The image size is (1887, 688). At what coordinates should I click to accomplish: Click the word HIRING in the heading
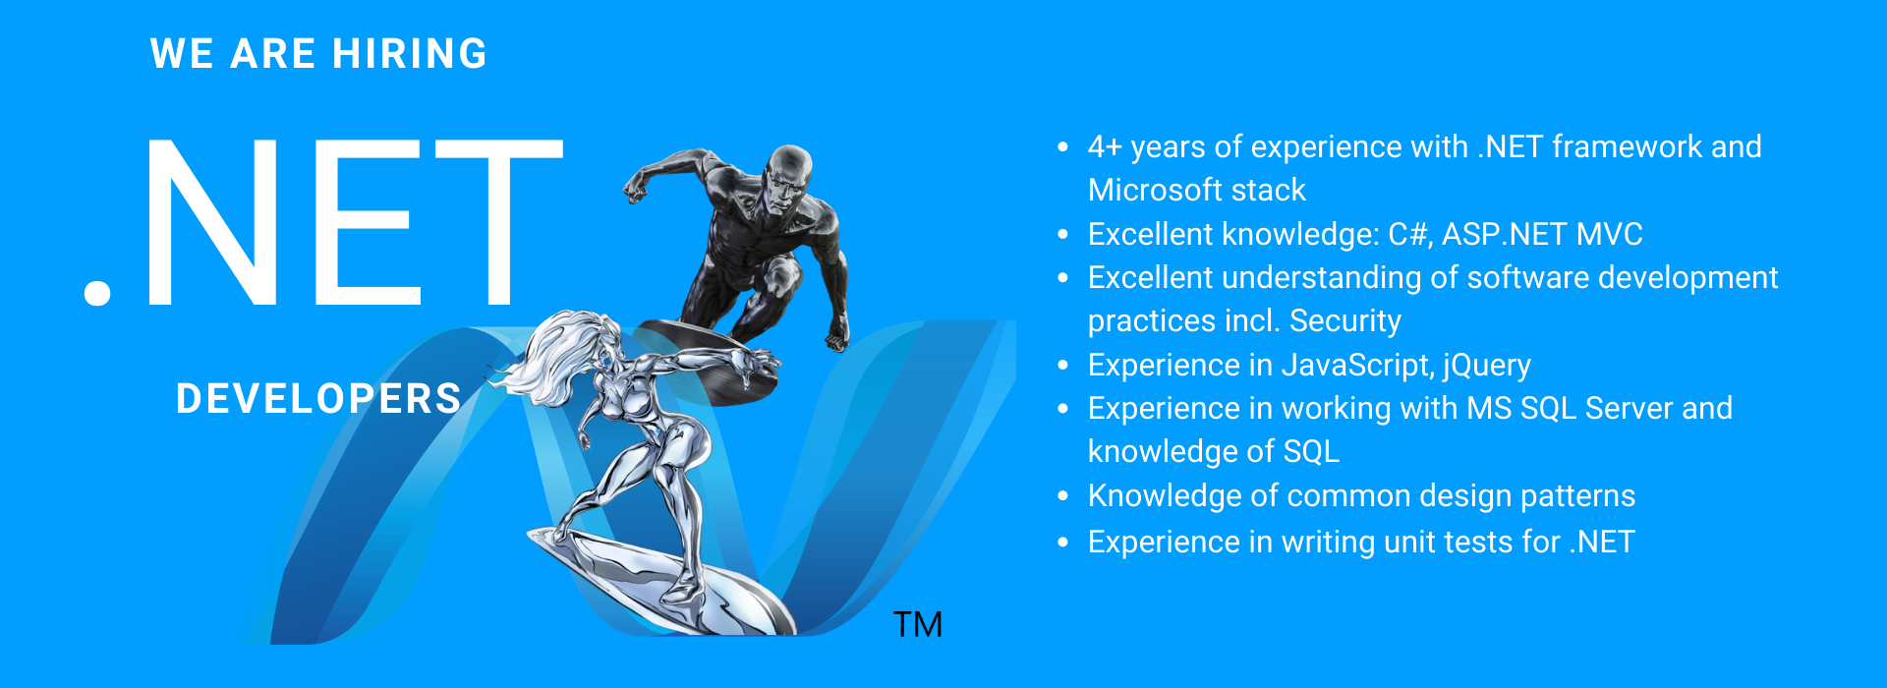point(410,54)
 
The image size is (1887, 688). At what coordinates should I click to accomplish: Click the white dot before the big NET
point(97,292)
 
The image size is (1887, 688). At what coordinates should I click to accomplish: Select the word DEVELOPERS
point(318,399)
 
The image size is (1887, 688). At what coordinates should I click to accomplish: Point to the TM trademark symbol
point(918,624)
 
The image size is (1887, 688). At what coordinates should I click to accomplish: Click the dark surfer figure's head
point(788,178)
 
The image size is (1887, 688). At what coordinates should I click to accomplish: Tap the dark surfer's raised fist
point(636,186)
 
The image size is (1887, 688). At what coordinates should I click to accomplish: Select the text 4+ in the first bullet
point(1105,147)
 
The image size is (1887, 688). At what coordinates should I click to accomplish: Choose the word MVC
point(1610,235)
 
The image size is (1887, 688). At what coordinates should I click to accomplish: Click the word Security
point(1345,321)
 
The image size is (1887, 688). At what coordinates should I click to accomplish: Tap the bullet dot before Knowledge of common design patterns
point(1062,496)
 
